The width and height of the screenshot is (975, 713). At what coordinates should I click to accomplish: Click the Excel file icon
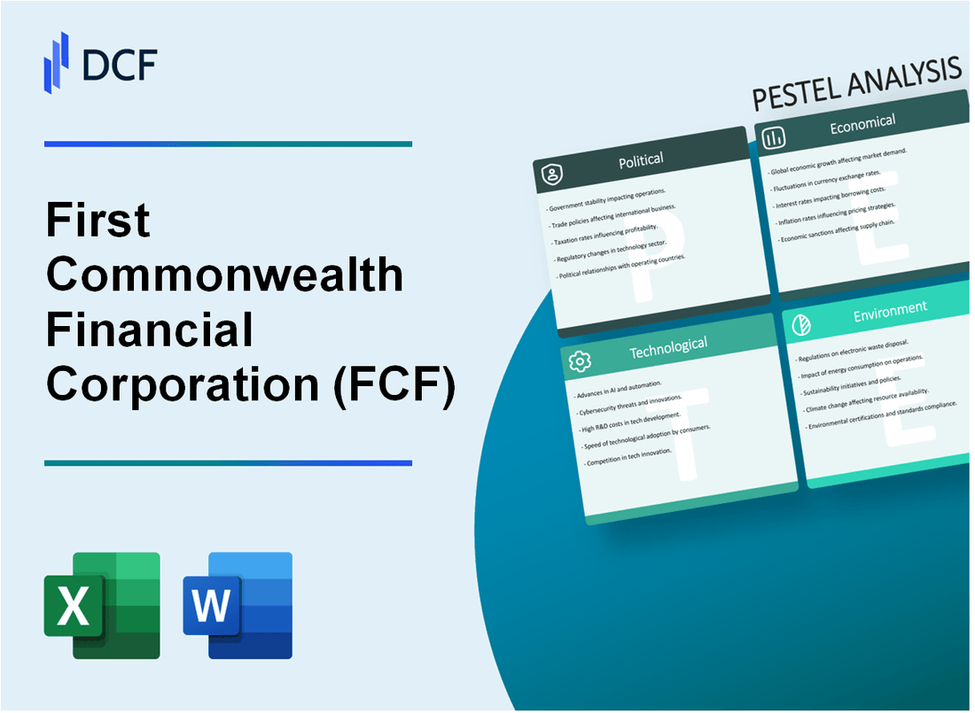102,605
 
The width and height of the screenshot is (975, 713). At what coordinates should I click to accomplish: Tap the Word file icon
238,605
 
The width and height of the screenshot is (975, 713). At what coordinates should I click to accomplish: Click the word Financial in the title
150,330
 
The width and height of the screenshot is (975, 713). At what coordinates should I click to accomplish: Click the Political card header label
641,159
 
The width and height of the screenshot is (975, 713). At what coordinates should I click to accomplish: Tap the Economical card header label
862,124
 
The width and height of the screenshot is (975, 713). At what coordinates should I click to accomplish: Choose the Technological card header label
667,348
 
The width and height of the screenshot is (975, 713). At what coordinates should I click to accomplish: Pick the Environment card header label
889,309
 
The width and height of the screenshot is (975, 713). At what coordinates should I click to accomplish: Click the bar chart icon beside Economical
774,136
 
